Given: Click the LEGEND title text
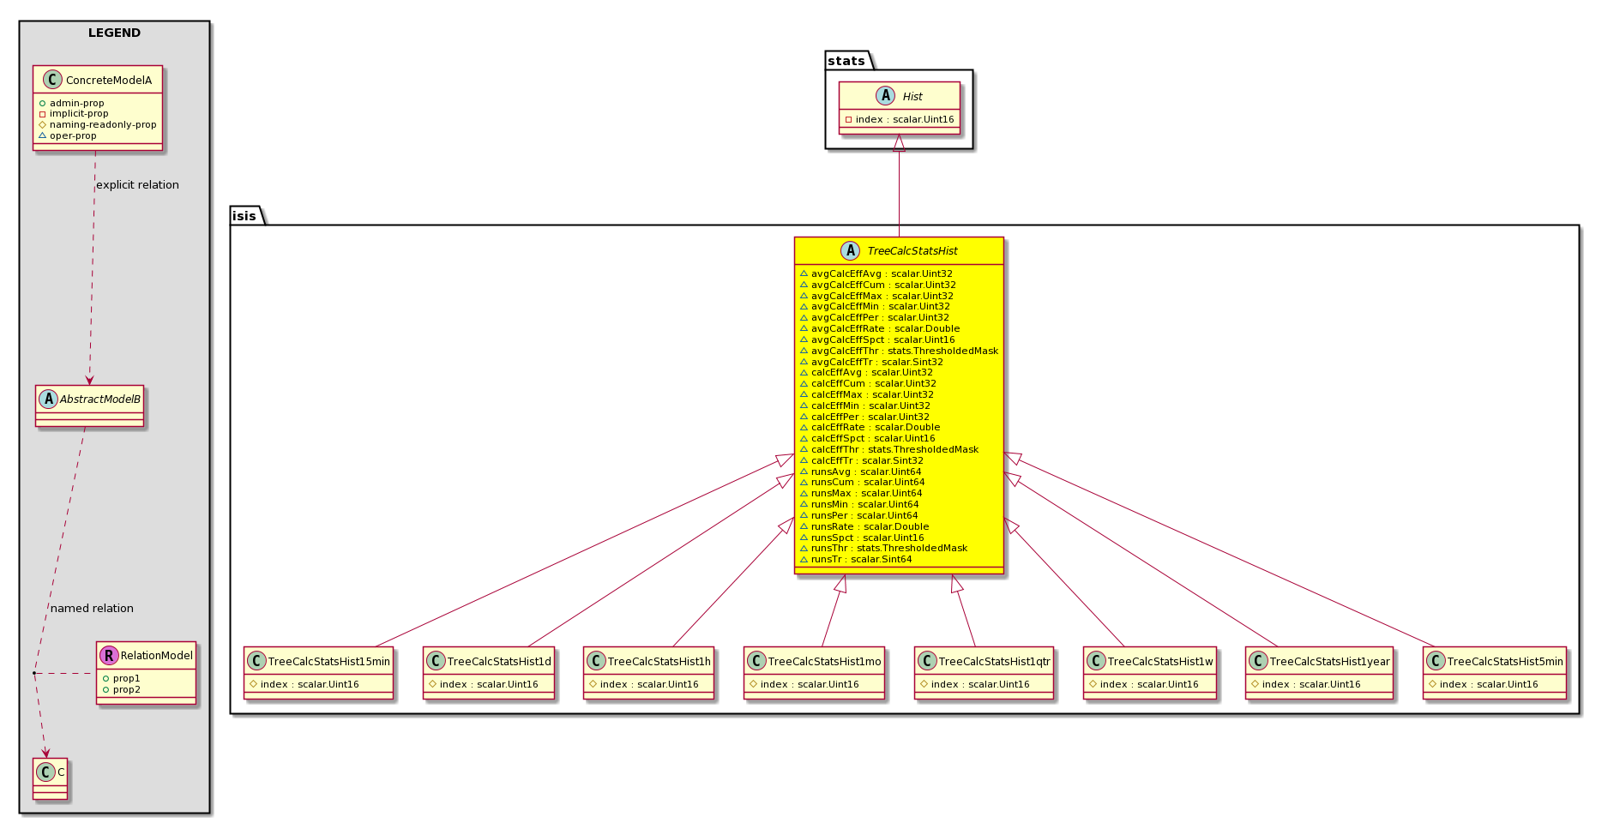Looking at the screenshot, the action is tap(114, 33).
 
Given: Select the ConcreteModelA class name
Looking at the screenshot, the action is tap(109, 81).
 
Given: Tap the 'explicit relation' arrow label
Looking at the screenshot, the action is tap(137, 185).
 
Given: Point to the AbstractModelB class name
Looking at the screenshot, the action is tap(100, 399).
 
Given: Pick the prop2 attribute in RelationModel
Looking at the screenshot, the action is tap(126, 690).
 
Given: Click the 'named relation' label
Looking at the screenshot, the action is tap(92, 609).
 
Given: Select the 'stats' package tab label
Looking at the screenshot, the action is tap(846, 61).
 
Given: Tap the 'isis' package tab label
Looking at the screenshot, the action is tap(244, 216).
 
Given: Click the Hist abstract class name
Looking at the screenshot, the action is tap(912, 97).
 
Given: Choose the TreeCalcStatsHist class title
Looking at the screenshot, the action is tap(912, 251).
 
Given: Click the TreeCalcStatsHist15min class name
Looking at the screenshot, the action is tap(329, 662).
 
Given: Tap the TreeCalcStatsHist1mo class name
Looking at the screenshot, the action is tap(825, 662).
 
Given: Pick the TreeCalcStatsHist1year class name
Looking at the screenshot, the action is tap(1330, 662).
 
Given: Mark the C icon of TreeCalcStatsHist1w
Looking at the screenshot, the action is tap(1096, 661).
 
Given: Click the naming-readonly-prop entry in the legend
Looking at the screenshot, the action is tap(103, 125).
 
